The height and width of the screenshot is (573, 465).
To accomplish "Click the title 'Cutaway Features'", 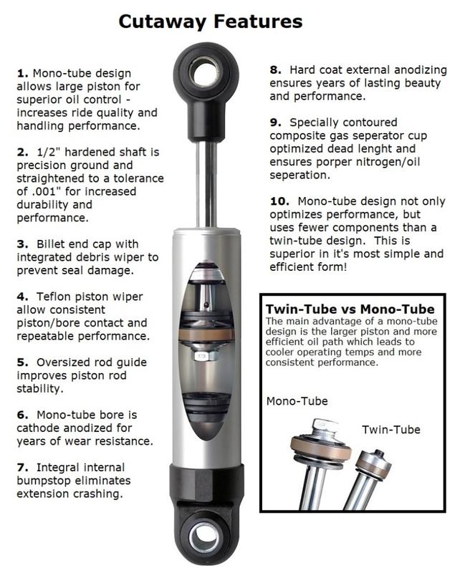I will pos(210,21).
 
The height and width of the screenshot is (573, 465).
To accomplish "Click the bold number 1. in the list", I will pos(21,73).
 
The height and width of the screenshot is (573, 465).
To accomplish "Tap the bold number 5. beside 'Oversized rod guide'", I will pos(21,362).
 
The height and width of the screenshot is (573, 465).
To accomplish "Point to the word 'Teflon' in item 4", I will pos(54,296).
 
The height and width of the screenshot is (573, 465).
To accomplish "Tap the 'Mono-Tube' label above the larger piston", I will pos(297,401).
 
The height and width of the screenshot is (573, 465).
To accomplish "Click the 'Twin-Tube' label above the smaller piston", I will pos(390,429).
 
